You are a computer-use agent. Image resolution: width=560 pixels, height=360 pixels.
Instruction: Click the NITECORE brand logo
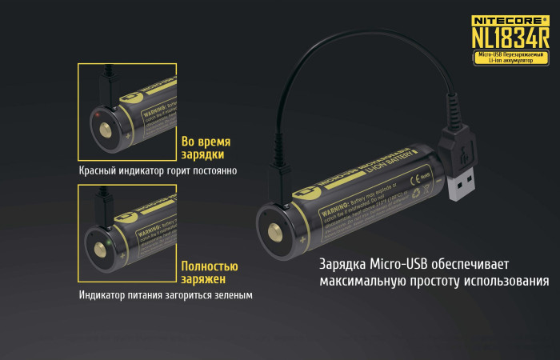(510, 18)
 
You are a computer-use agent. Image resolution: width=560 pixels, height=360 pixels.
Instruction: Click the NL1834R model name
(510, 36)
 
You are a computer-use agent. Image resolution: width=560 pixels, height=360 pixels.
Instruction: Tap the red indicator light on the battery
(97, 117)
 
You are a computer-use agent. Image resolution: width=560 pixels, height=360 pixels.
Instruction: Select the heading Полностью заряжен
(210, 273)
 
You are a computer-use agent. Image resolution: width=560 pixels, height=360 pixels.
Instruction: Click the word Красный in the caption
(99, 170)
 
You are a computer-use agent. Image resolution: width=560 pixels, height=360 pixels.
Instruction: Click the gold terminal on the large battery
(275, 233)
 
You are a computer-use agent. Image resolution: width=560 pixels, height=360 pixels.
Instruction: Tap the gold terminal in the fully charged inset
(104, 254)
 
